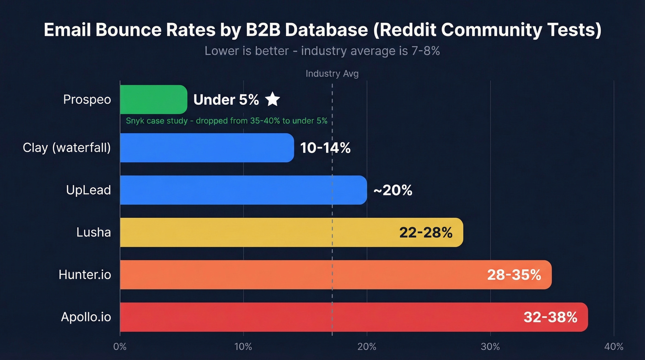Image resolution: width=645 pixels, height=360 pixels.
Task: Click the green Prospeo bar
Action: [x=153, y=100]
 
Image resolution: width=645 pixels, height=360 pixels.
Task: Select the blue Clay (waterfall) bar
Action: [x=207, y=148]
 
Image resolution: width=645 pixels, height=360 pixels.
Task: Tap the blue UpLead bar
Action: [x=243, y=190]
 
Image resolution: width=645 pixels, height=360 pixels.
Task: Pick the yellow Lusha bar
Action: [x=258, y=232]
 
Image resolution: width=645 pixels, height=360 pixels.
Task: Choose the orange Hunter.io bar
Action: [x=299, y=275]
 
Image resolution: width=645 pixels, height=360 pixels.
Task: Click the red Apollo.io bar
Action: [x=318, y=317]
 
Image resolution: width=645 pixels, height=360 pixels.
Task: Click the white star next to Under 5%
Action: [x=272, y=99]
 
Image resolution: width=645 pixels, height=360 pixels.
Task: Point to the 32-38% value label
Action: [x=550, y=317]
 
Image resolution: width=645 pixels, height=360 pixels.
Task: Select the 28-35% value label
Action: [x=514, y=275]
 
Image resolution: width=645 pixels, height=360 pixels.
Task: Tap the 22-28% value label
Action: [x=426, y=232]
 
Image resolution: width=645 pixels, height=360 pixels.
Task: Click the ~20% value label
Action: [x=393, y=190]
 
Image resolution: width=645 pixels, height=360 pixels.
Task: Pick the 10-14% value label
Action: [x=325, y=148]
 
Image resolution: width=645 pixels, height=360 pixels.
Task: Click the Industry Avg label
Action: [x=332, y=74]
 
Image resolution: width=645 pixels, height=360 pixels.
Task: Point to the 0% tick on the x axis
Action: [x=120, y=347]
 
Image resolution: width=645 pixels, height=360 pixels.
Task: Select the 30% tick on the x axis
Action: [x=490, y=347]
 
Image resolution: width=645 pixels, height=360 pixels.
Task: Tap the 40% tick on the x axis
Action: [x=614, y=347]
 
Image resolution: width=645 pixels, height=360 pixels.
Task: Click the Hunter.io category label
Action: [x=85, y=275]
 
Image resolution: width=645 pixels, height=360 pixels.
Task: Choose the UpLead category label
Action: [x=88, y=190]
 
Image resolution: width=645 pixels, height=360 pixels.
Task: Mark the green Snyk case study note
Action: [x=226, y=121]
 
